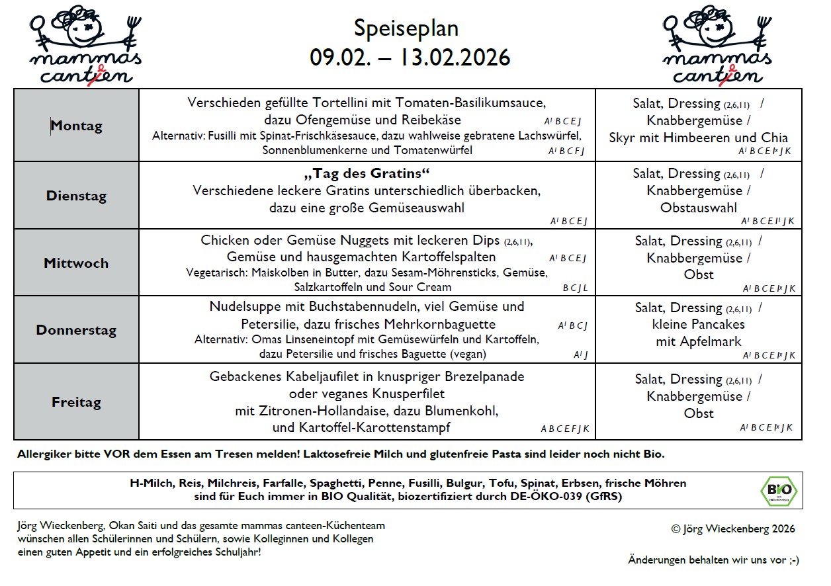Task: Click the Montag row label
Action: [x=77, y=126]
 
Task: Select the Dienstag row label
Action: [x=76, y=196]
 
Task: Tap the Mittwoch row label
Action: [x=76, y=263]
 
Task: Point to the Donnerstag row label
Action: [x=76, y=330]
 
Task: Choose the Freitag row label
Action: [x=76, y=401]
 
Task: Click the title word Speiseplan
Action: [x=406, y=28]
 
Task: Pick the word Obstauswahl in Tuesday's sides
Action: [x=698, y=208]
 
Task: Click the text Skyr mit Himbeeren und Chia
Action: [x=698, y=138]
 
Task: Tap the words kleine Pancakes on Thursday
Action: [x=698, y=324]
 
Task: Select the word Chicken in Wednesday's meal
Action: [x=224, y=240]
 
